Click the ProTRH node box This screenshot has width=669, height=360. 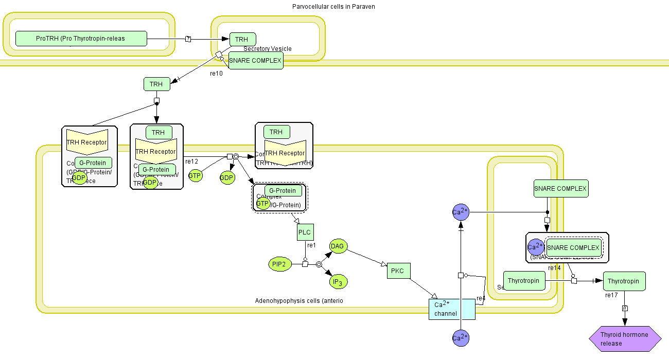point(81,39)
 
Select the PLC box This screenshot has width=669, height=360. point(305,232)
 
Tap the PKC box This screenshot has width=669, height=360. point(398,271)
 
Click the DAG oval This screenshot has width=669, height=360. point(337,246)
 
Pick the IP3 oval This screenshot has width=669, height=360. point(338,282)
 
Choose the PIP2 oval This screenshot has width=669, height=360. point(279,264)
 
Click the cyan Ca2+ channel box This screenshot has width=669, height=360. point(452,309)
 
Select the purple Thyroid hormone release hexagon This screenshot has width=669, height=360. point(625,339)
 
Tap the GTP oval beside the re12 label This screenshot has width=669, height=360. point(195,176)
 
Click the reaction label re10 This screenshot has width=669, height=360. point(216,74)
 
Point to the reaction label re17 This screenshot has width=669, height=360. point(611,295)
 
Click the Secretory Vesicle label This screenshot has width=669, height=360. point(268,49)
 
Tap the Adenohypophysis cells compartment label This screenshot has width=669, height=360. point(299,301)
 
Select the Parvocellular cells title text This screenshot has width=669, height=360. point(333,7)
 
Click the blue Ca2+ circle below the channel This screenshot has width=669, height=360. point(461,338)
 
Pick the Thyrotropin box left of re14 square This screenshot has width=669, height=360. point(524,281)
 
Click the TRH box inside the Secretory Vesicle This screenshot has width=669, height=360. point(242,39)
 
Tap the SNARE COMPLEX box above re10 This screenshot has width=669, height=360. point(256,61)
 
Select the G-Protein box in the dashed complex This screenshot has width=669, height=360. point(283,191)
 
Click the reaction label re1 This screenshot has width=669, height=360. point(311,245)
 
